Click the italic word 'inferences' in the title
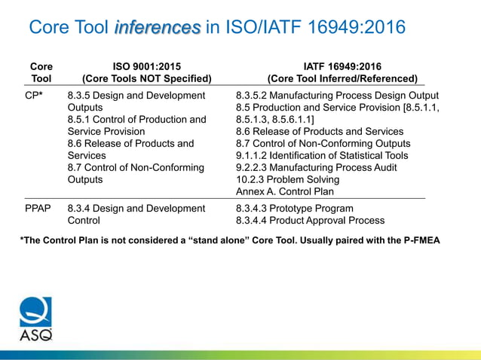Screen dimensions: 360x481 (158, 28)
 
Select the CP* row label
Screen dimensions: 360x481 (33, 96)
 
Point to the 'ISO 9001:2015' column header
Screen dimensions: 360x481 (147, 66)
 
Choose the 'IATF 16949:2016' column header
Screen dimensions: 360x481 (342, 66)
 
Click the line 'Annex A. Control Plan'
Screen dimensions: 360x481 (285, 191)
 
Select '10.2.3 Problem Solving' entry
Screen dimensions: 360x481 (287, 180)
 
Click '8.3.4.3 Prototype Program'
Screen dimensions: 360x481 (294, 209)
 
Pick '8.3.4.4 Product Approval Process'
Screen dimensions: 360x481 (310, 221)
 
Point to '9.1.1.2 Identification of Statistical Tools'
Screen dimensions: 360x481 (322, 156)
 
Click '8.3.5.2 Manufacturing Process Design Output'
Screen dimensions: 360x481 (337, 96)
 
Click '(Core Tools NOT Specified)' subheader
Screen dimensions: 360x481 (147, 78)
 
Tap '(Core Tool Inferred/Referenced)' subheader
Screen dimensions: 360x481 (342, 78)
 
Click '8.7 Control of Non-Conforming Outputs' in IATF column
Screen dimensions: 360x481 (323, 144)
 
